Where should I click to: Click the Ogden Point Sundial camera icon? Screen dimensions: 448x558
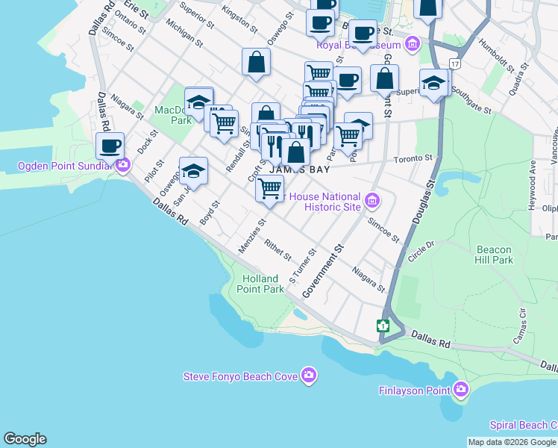pos(122,165)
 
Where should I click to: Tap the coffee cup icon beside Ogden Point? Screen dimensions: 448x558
pos(110,146)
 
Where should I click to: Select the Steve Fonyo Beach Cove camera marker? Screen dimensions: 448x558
pos(309,376)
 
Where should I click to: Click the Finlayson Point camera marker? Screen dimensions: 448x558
pos(461,390)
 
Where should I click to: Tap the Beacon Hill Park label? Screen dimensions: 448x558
pos(494,255)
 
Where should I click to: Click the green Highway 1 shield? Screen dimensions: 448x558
pos(383,326)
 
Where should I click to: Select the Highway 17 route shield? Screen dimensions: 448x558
pos(454,65)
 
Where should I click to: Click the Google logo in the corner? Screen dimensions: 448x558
pos(25,439)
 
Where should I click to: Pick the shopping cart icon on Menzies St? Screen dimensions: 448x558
pos(269,189)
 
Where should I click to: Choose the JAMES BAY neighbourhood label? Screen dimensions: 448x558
pos(278,169)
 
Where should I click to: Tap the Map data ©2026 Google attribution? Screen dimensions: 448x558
pos(512,442)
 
